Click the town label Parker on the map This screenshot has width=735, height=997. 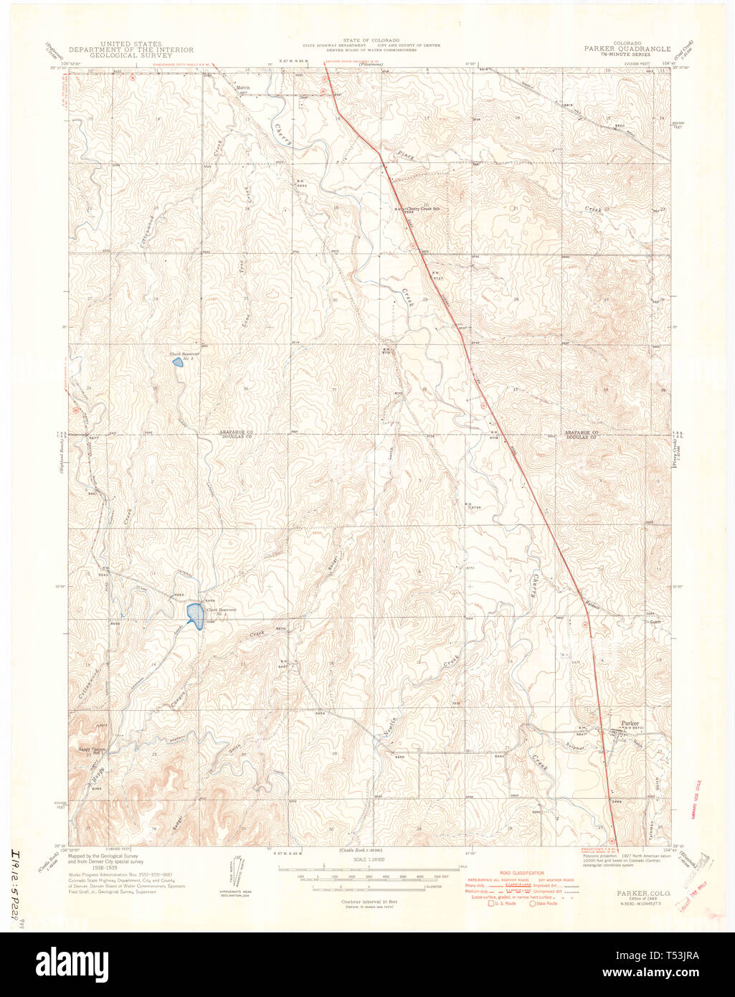point(630,723)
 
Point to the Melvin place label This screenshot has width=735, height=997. point(242,88)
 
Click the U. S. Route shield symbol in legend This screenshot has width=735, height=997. point(492,903)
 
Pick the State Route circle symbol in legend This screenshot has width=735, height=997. point(533,903)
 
